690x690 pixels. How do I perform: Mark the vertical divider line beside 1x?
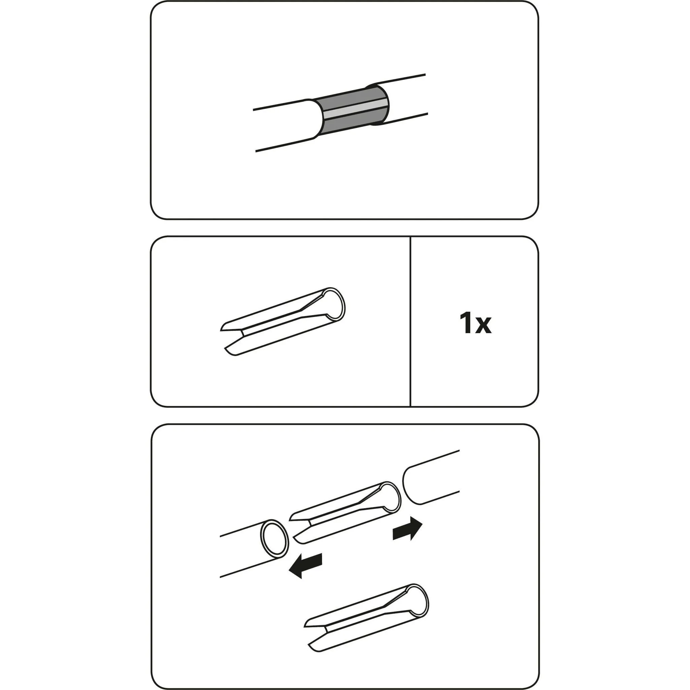[x=410, y=321]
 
